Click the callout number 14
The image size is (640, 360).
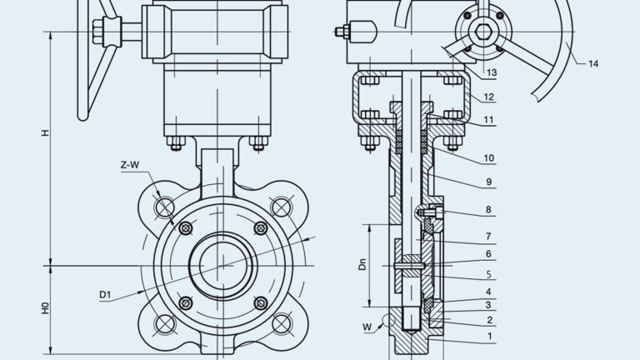tap(593, 63)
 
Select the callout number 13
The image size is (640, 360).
tap(492, 73)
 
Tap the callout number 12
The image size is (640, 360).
tap(489, 97)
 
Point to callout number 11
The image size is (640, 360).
tap(489, 121)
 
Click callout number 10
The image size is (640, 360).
tap(489, 157)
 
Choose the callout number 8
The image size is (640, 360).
tap(489, 210)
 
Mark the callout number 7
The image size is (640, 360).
tap(489, 237)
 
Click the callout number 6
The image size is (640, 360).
tap(489, 254)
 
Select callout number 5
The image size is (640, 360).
tap(489, 273)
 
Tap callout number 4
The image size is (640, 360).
tap(489, 292)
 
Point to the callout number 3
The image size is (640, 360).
tap(489, 305)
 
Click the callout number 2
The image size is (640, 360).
tap(489, 320)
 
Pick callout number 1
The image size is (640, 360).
tap(489, 337)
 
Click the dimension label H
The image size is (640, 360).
tap(46, 132)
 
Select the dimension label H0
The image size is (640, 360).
tap(46, 307)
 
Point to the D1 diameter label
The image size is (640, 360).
tap(105, 293)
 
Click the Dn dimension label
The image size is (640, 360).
tap(362, 265)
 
